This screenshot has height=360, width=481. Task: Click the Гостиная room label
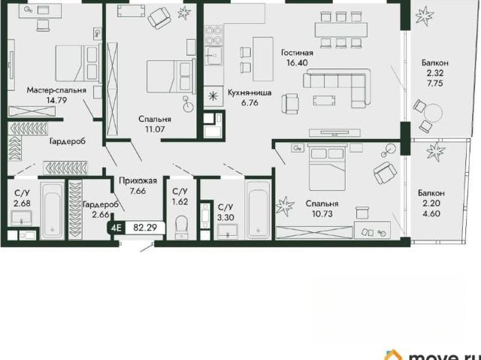(x=298, y=53)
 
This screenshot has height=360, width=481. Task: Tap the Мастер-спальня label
(x=56, y=90)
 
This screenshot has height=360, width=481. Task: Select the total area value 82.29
(x=145, y=228)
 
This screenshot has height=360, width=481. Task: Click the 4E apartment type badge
(x=116, y=228)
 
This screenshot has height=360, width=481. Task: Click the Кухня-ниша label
(x=250, y=92)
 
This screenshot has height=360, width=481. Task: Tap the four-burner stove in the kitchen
(x=213, y=35)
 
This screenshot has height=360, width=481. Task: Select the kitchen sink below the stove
(x=213, y=56)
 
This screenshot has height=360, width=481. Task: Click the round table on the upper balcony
(x=433, y=113)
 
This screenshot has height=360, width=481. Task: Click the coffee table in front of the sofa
(x=324, y=100)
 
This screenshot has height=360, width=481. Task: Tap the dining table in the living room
(x=340, y=30)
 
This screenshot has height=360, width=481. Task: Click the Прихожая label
(x=138, y=180)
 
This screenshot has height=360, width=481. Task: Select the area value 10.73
(x=322, y=213)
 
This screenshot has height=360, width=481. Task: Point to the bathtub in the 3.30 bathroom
(x=259, y=209)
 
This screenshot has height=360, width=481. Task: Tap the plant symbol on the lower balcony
(x=436, y=150)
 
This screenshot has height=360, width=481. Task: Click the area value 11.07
(x=155, y=129)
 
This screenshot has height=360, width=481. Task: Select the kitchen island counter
(x=263, y=59)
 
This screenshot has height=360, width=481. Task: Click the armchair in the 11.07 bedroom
(x=159, y=18)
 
